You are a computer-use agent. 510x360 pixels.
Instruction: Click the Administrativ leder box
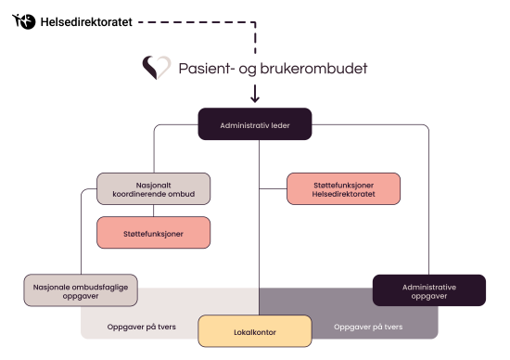pos(255,124)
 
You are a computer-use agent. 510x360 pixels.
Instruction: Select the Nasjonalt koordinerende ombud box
pos(154,188)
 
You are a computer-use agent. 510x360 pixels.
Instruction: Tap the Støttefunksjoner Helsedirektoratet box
pos(344,188)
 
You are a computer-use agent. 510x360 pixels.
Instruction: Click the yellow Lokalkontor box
pos(254,330)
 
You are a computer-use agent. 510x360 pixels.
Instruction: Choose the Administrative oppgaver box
pos(428,291)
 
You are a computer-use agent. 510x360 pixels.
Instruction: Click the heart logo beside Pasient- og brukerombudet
pos(157,68)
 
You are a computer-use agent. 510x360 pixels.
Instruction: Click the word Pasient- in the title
pos(203,69)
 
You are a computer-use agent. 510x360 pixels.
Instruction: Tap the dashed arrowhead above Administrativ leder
pos(255,96)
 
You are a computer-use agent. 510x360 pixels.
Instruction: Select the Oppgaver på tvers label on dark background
pos(367,327)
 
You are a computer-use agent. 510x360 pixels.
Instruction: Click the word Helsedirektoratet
pos(344,196)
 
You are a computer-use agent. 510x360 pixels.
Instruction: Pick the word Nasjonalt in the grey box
pos(154,183)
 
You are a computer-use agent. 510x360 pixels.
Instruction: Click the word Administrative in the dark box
pos(428,286)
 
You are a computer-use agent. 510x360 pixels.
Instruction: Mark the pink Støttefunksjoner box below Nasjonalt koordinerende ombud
pos(154,233)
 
